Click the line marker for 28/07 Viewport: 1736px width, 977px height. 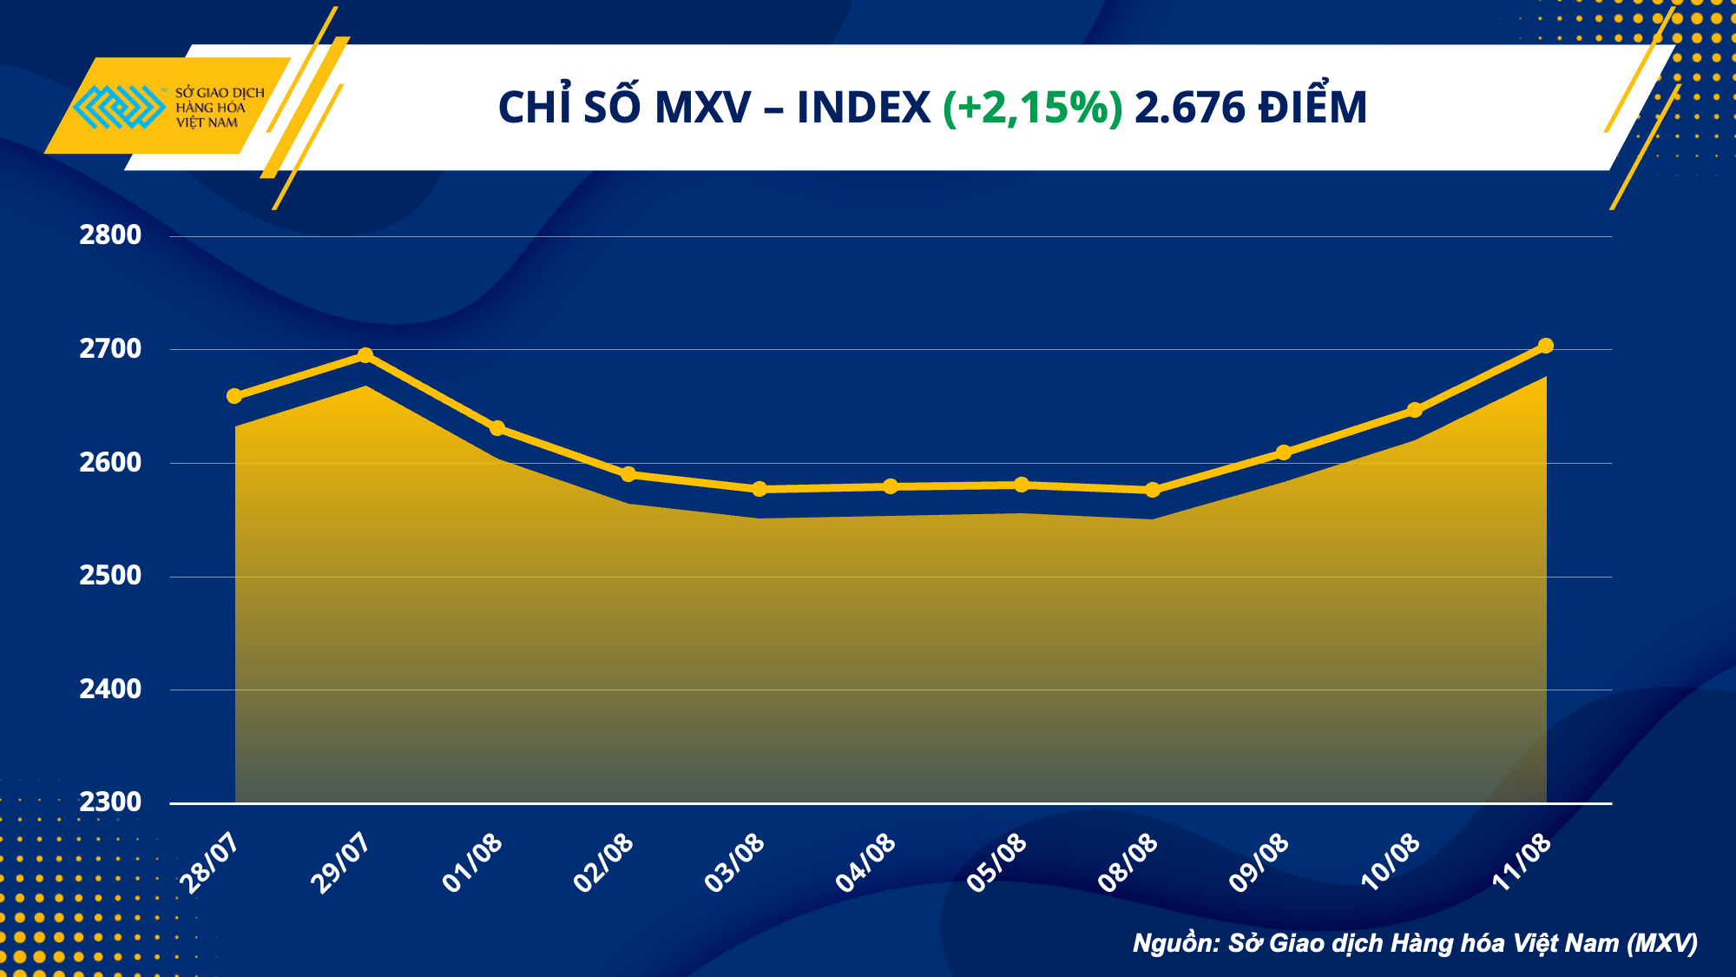pyautogui.click(x=234, y=396)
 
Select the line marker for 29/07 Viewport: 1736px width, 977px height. pyautogui.click(x=365, y=355)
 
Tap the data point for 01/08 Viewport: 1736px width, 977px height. pyautogui.click(x=497, y=428)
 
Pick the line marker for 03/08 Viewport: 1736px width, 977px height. pyautogui.click(x=759, y=489)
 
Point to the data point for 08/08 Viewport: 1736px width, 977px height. pyautogui.click(x=1153, y=490)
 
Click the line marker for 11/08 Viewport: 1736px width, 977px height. pyautogui.click(x=1546, y=346)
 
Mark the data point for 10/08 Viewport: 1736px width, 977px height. pyautogui.click(x=1415, y=410)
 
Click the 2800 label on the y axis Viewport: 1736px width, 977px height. pyautogui.click(x=110, y=234)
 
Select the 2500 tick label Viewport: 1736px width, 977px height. pyautogui.click(x=110, y=575)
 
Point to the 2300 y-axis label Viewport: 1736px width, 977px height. pyautogui.click(x=110, y=802)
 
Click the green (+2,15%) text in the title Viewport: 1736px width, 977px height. pyautogui.click(x=1033, y=108)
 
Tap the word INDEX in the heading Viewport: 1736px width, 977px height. pyautogui.click(x=864, y=108)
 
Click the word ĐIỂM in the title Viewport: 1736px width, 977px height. pyautogui.click(x=1313, y=108)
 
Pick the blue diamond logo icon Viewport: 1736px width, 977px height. pyautogui.click(x=120, y=107)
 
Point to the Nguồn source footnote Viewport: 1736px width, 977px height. pyautogui.click(x=1415, y=943)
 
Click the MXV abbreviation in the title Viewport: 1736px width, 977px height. pyautogui.click(x=703, y=108)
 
